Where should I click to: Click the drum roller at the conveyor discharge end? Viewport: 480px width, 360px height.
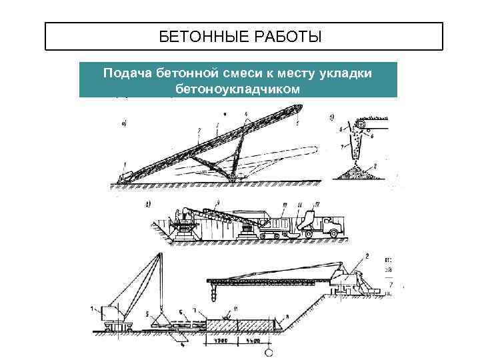(361, 125)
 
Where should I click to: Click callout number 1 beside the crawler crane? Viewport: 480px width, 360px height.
(92, 307)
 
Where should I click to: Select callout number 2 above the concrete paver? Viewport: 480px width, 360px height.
(366, 257)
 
